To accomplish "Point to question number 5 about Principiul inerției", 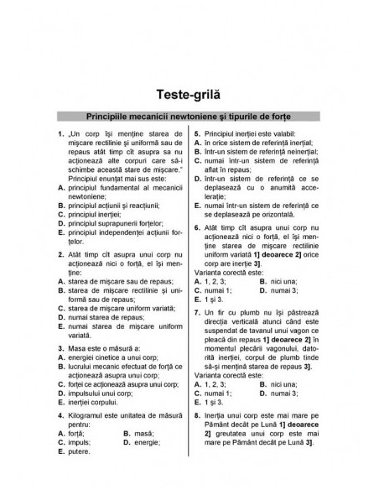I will [x=196, y=133].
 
